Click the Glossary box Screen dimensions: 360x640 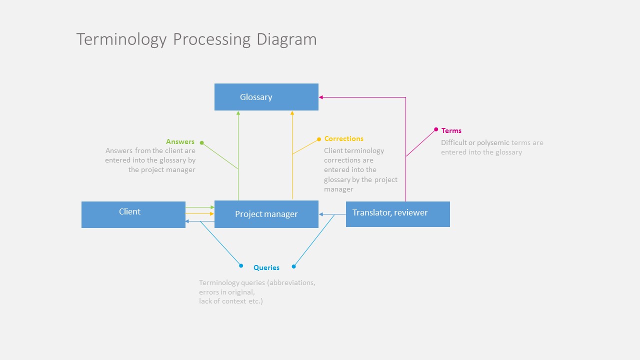click(266, 97)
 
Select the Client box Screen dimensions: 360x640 click(133, 214)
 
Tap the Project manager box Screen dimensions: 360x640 click(266, 214)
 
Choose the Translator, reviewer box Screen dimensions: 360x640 click(397, 214)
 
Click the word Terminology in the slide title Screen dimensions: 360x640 click(121, 39)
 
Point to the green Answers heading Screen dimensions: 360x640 click(180, 141)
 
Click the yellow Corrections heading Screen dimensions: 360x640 click(343, 138)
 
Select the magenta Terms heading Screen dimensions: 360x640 click(451, 130)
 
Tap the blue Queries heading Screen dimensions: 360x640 click(266, 267)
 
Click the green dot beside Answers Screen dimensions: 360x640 click(202, 142)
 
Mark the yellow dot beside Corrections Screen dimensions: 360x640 click(319, 139)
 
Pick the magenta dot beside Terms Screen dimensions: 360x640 click(436, 129)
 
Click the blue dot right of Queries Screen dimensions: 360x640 click(294, 266)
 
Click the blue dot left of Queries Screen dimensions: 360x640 click(241, 265)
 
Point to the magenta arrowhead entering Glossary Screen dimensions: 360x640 click(321, 97)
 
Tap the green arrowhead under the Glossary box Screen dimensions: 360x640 click(238, 113)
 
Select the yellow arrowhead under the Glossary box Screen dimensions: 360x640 click(292, 113)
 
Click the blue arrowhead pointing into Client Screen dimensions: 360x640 click(187, 221)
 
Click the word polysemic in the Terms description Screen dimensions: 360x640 click(493, 142)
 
